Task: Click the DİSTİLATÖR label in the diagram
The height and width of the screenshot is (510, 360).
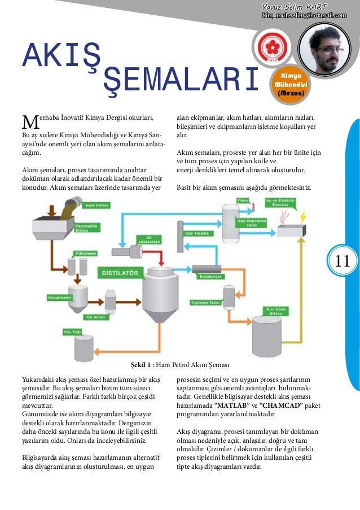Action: pyautogui.click(x=120, y=273)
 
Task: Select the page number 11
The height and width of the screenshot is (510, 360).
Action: pyautogui.click(x=343, y=260)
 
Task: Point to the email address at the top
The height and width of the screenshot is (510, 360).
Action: pyautogui.click(x=304, y=15)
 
